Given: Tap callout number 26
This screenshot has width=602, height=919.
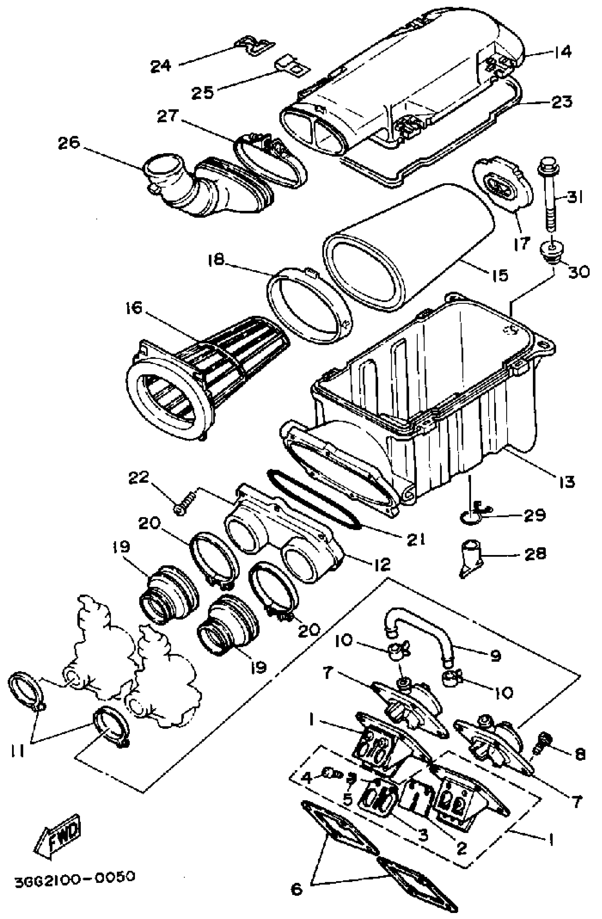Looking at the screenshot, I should [69, 143].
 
